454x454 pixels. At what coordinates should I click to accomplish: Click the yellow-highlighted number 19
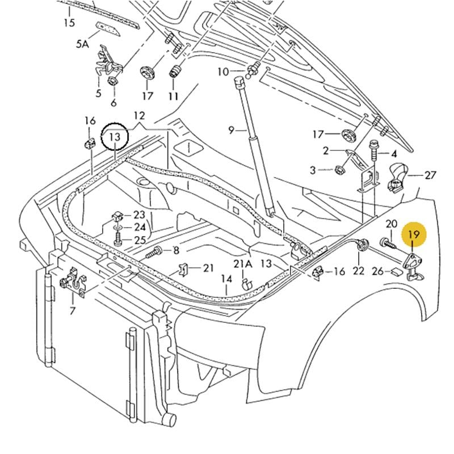(413, 234)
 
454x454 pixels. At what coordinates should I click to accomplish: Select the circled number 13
(115, 137)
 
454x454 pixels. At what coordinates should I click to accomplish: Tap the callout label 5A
(83, 43)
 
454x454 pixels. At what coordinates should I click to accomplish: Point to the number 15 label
(69, 23)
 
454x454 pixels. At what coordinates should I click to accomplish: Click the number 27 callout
(430, 175)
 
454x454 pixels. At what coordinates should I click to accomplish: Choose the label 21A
(242, 264)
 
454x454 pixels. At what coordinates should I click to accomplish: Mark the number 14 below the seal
(227, 279)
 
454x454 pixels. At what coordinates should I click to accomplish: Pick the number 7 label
(73, 310)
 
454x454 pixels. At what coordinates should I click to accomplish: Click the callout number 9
(231, 131)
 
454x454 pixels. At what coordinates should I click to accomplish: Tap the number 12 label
(139, 116)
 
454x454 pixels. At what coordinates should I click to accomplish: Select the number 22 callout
(358, 271)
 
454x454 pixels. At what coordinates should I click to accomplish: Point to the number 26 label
(378, 271)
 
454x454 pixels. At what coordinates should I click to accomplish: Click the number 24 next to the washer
(140, 227)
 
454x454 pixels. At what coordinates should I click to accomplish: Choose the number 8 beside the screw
(176, 250)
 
